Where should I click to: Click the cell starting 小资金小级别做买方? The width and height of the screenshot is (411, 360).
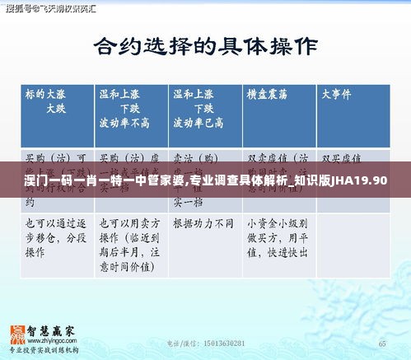tap(278, 239)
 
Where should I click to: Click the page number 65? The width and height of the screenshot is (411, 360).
tap(381, 343)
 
